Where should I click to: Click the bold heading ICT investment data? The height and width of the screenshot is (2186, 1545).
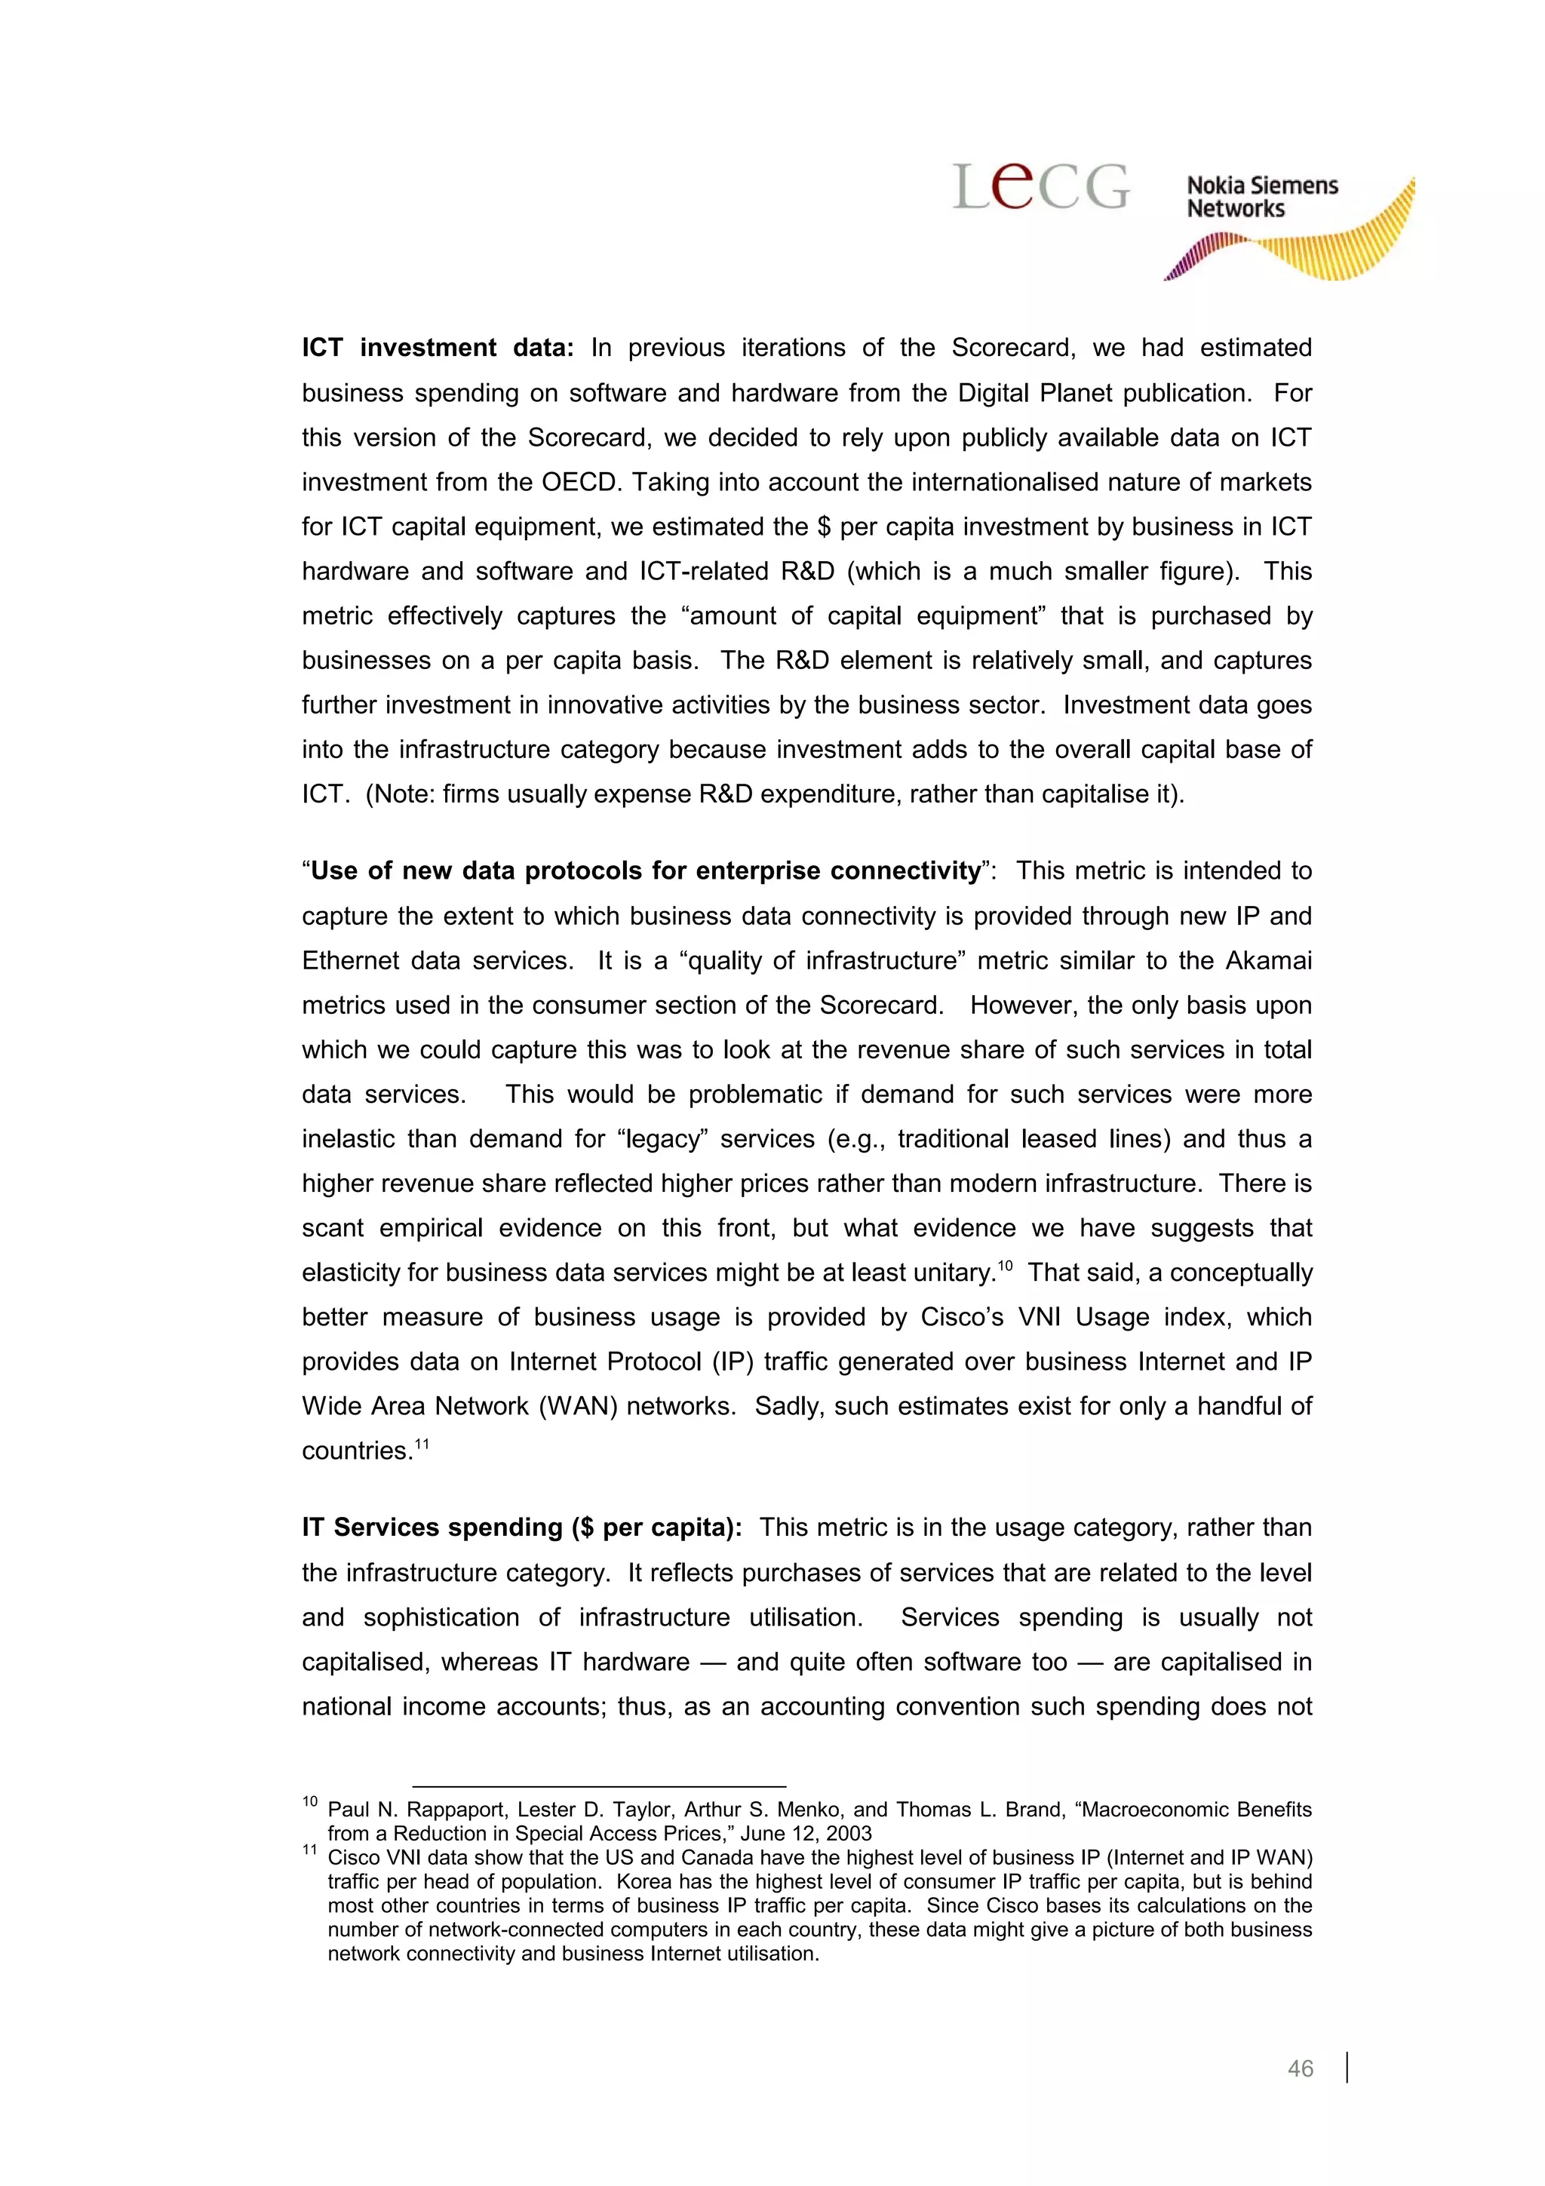[x=438, y=348]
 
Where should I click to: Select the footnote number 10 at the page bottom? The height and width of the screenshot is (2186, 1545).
[x=310, y=1801]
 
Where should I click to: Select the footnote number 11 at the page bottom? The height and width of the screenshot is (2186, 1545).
[x=310, y=1849]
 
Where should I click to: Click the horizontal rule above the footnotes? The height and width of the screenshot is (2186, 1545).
[x=599, y=1786]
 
